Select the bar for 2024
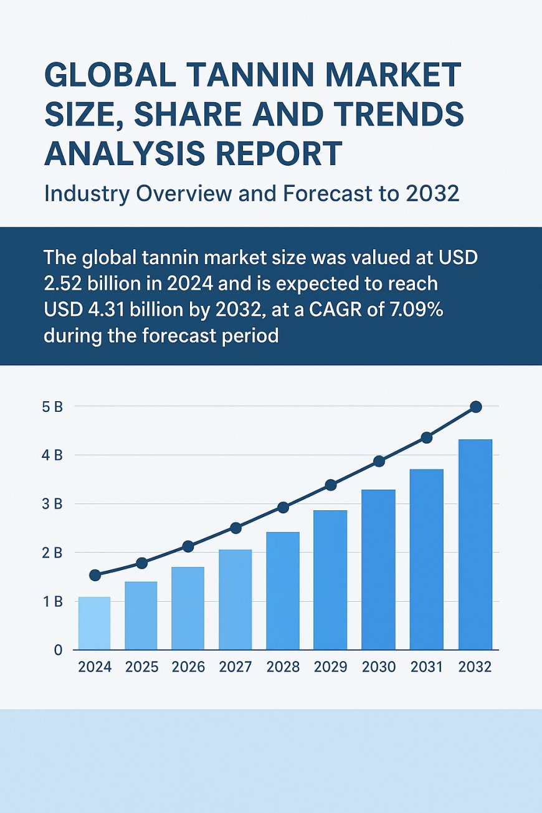[94, 623]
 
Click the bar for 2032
[475, 544]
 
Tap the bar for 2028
[283, 591]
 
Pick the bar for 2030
[378, 569]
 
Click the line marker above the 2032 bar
[476, 407]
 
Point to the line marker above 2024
[95, 575]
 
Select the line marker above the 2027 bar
[235, 528]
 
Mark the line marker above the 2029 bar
[331, 485]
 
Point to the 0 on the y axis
[58, 650]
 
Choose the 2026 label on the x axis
[188, 667]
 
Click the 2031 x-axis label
[427, 667]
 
